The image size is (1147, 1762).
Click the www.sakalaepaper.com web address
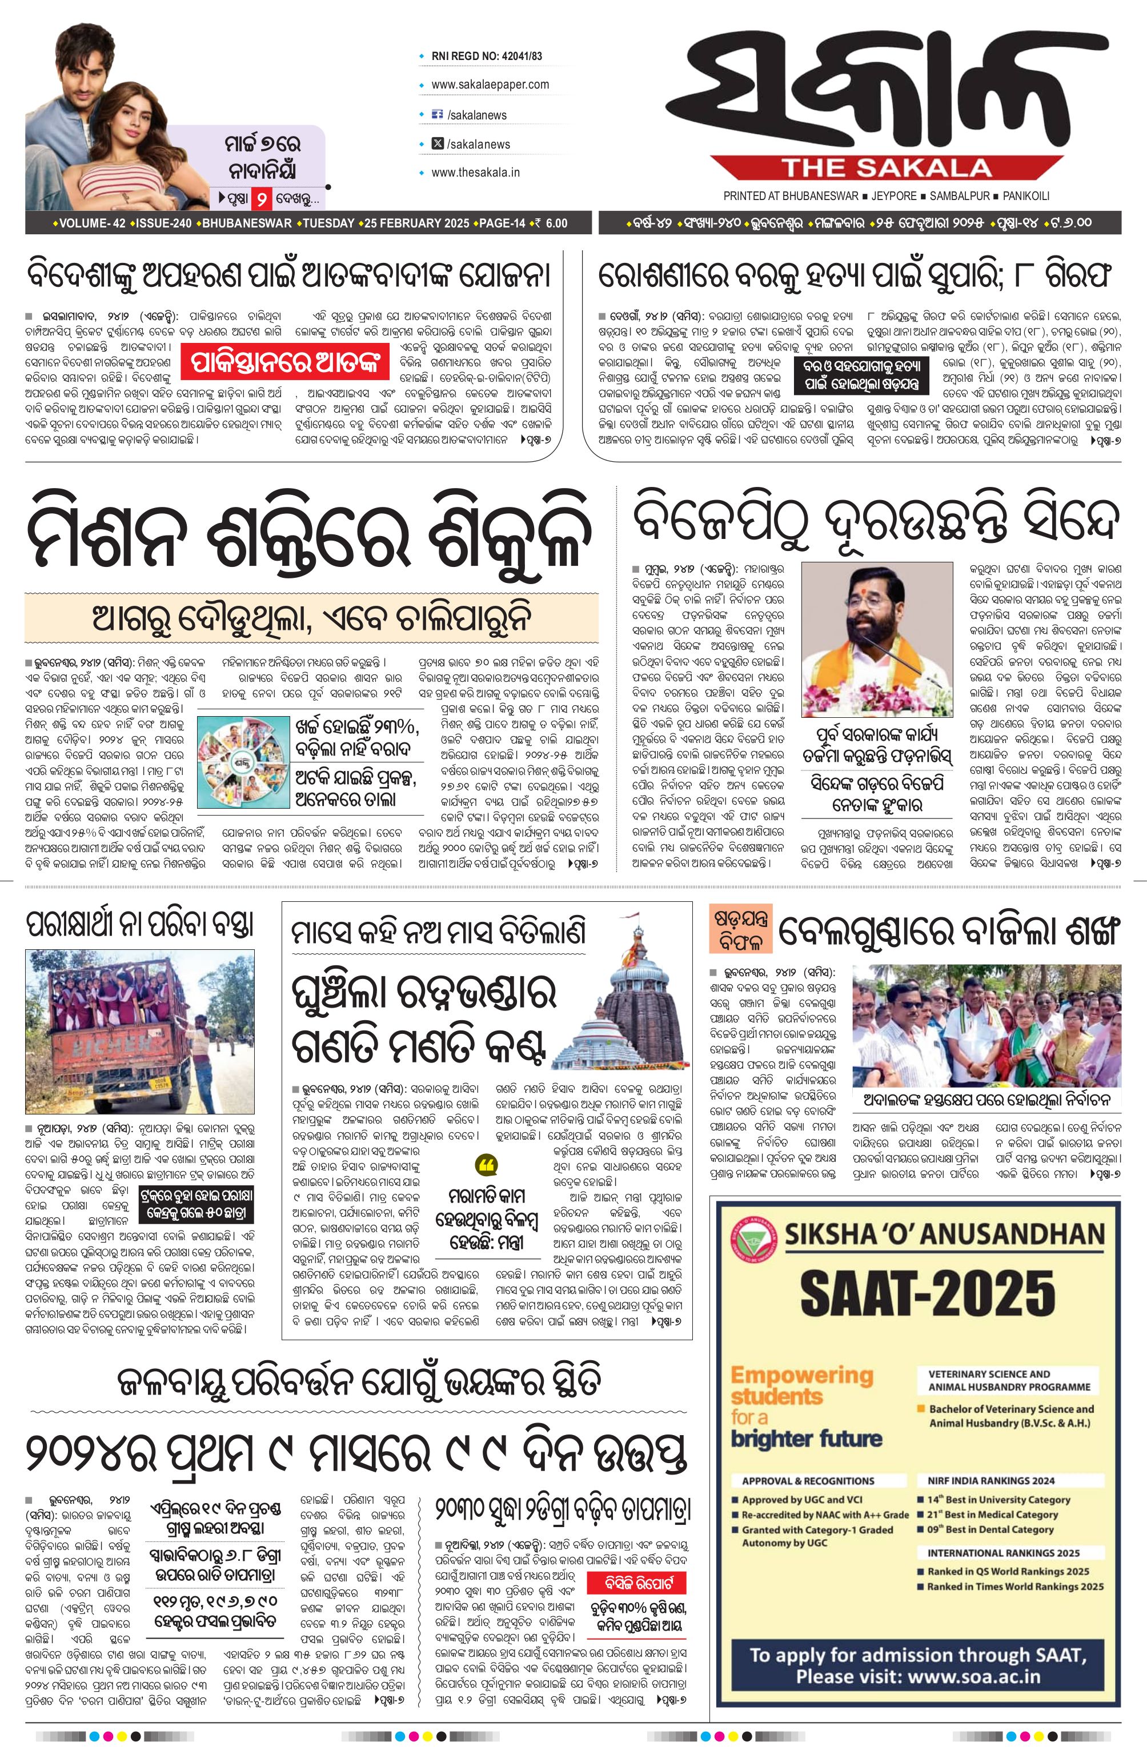tap(490, 85)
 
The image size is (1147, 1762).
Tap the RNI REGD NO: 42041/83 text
tap(486, 56)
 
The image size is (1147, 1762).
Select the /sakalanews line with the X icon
tap(478, 143)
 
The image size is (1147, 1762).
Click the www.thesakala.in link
tap(475, 173)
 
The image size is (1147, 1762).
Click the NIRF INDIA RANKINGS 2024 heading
tap(991, 1480)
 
